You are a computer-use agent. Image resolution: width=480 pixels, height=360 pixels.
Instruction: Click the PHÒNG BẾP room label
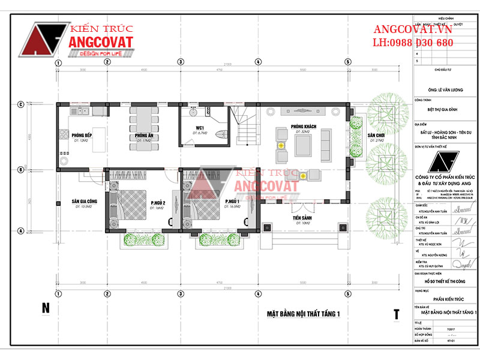pyautogui.click(x=82, y=136)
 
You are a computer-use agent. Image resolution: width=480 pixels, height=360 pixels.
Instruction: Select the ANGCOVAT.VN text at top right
pyautogui.click(x=413, y=29)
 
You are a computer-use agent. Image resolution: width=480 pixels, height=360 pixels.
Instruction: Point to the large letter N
pyautogui.click(x=46, y=309)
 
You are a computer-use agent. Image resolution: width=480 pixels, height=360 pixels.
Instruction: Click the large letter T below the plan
pyautogui.click(x=397, y=314)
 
